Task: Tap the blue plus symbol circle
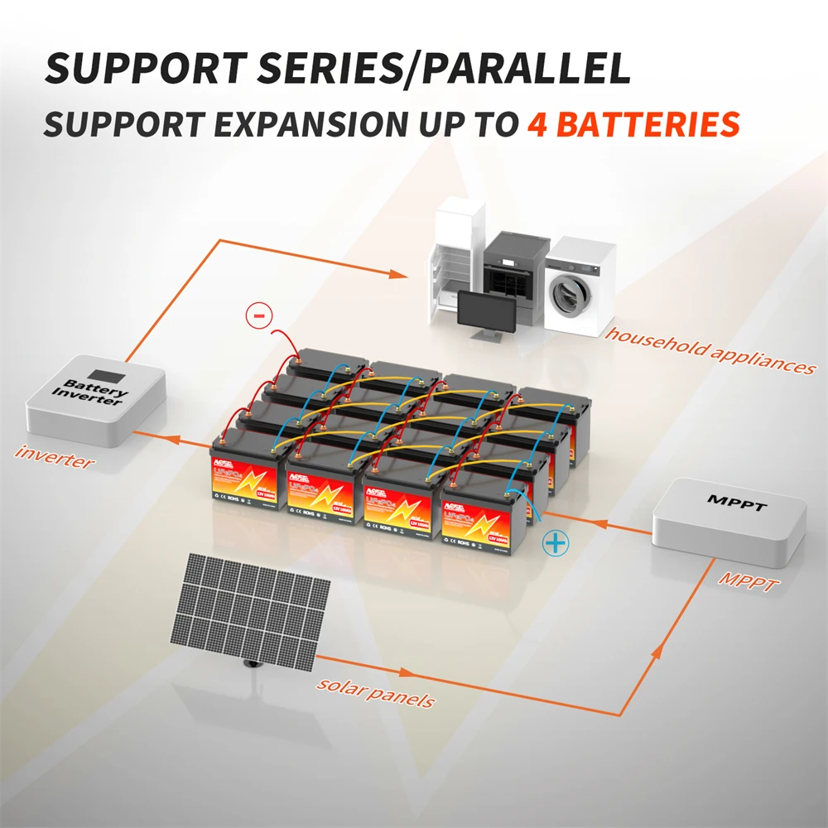click(556, 544)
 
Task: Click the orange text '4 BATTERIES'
click(633, 124)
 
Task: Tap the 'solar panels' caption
click(375, 693)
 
